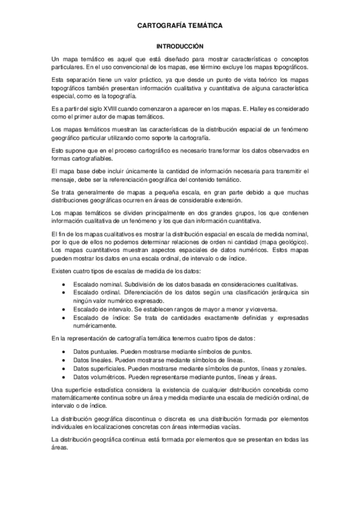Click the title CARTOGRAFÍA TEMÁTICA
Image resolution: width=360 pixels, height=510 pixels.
(x=180, y=26)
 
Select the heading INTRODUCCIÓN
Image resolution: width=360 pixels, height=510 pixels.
(x=180, y=46)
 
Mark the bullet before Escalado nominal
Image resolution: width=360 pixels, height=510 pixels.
(x=64, y=283)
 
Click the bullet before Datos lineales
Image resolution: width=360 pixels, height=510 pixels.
(x=64, y=360)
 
